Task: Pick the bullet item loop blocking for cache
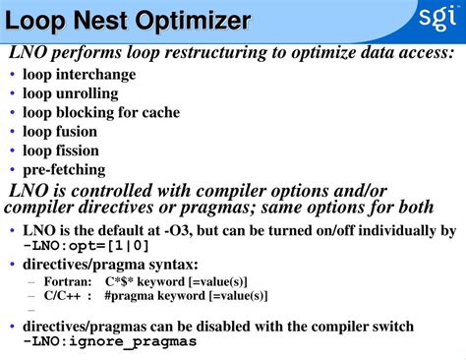coord(101,112)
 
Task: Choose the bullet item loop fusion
coord(60,131)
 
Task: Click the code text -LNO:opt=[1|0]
coord(87,246)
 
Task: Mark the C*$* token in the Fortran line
coord(122,281)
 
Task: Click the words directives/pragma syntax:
coord(110,265)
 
